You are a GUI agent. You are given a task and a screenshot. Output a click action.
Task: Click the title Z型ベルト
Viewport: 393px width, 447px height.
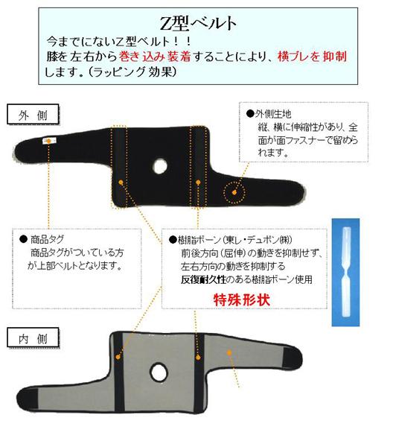click(x=198, y=23)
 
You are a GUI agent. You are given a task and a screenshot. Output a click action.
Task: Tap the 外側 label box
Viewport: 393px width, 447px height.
click(x=33, y=115)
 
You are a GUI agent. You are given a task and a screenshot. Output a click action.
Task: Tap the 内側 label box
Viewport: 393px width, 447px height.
click(x=33, y=338)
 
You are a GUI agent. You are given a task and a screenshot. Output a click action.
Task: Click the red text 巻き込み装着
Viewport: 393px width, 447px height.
click(x=155, y=56)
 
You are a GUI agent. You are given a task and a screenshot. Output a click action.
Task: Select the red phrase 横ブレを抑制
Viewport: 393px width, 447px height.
click(x=313, y=56)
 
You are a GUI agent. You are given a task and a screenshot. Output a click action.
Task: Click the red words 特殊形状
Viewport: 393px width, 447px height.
click(x=241, y=300)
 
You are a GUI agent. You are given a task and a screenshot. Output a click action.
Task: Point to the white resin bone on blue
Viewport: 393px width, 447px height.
click(x=345, y=272)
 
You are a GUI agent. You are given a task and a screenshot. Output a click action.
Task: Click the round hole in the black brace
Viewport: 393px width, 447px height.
click(x=160, y=166)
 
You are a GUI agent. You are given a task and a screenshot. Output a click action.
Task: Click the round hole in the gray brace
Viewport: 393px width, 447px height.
click(x=159, y=372)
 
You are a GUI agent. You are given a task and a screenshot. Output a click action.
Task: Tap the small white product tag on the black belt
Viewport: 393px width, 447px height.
click(x=48, y=141)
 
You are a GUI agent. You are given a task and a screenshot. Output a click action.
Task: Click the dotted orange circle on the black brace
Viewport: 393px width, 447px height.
click(x=234, y=193)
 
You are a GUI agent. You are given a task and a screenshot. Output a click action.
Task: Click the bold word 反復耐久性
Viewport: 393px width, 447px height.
click(x=203, y=279)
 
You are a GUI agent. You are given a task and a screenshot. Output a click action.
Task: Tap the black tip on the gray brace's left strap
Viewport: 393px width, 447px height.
click(x=28, y=399)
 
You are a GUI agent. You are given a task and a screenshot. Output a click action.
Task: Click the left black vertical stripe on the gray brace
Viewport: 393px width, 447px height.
click(x=119, y=372)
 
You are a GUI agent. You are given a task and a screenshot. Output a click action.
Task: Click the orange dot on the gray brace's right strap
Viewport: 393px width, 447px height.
click(x=229, y=352)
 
